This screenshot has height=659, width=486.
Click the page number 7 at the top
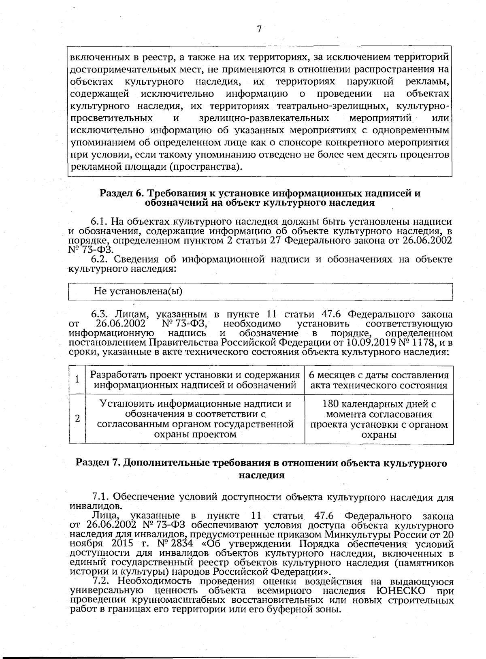pyautogui.click(x=259, y=29)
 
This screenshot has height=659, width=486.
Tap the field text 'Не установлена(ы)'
pyautogui.click(x=138, y=291)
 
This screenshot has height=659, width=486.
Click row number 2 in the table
pyautogui.click(x=77, y=418)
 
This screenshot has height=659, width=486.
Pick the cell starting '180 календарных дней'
pyautogui.click(x=379, y=419)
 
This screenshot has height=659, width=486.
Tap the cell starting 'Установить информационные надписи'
pyautogui.click(x=195, y=419)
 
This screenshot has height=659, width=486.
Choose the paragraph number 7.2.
pyautogui.click(x=100, y=581)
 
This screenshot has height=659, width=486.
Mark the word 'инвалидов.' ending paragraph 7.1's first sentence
pyautogui.click(x=90, y=506)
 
